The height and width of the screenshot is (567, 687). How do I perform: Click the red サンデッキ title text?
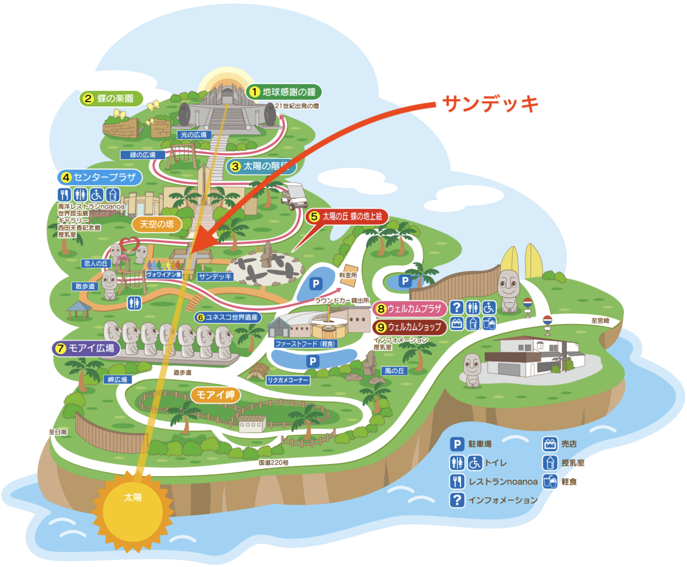click(490, 104)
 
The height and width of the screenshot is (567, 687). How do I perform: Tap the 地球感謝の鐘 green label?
click(284, 92)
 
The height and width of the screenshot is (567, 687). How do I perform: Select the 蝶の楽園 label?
click(109, 98)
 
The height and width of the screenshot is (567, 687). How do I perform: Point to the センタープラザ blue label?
click(98, 177)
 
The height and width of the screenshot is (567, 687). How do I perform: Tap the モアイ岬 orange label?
click(216, 395)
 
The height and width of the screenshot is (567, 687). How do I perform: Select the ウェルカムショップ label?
click(409, 327)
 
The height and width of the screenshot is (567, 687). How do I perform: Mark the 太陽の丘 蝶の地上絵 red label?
click(348, 216)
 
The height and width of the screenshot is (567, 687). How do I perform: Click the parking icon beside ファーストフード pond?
click(313, 361)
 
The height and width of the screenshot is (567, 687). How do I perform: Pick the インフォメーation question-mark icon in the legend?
click(456, 500)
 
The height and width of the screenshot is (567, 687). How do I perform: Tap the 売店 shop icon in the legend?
click(550, 443)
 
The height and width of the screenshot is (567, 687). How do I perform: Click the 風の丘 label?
click(394, 371)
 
